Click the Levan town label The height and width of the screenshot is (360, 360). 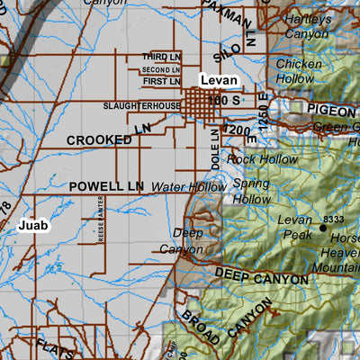pos(219,81)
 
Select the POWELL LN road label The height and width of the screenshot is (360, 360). pos(106,186)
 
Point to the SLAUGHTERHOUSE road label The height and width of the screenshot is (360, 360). pos(141,106)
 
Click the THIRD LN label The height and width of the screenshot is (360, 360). pos(161,57)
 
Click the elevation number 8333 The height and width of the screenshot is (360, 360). pos(334,219)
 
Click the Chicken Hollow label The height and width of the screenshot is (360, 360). pos(298,72)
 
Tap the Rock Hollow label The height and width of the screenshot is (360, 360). pos(263,159)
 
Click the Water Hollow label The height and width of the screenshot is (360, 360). pos(189,186)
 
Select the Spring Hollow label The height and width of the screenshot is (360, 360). pos(251,192)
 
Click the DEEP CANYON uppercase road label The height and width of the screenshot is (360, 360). pos(261,274)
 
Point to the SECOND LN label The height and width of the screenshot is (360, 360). pos(161,69)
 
